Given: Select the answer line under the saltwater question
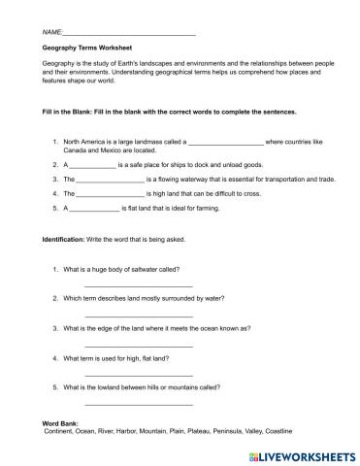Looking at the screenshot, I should [139, 284].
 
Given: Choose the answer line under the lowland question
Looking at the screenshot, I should [139, 403].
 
